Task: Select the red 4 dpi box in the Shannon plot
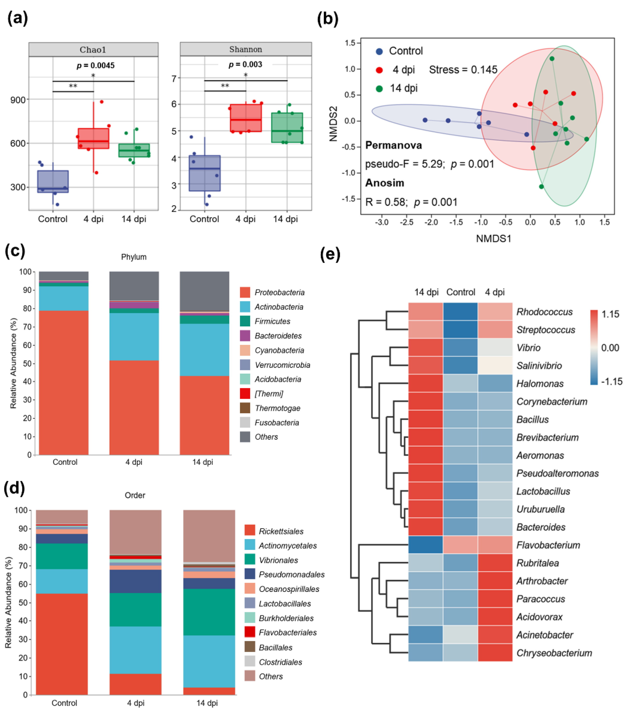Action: pyautogui.click(x=246, y=118)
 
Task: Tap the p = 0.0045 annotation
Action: pyautogui.click(x=96, y=66)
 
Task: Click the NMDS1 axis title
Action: pyautogui.click(x=493, y=239)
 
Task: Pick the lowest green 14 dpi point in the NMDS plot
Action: pyautogui.click(x=541, y=186)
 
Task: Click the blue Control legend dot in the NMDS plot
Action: pyautogui.click(x=379, y=51)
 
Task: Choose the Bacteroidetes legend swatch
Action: pyautogui.click(x=245, y=336)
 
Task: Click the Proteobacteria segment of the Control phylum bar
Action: pyautogui.click(x=64, y=382)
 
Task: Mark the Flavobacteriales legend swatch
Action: pyautogui.click(x=250, y=632)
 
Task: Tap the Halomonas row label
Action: pyautogui.click(x=540, y=384)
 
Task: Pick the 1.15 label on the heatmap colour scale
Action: pyautogui.click(x=610, y=314)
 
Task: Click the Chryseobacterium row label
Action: pyautogui.click(x=554, y=653)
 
